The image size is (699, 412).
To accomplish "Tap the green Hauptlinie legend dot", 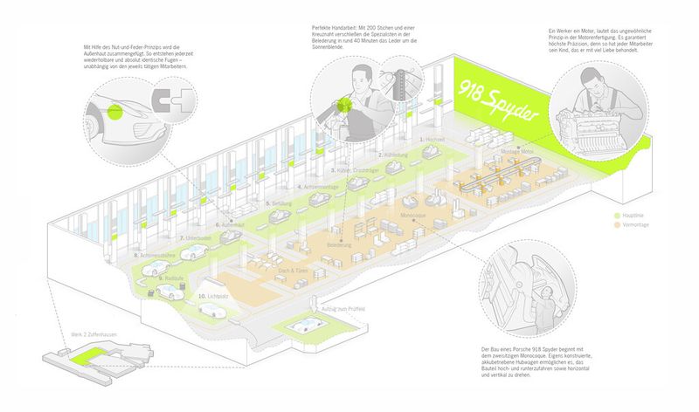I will point(618,215).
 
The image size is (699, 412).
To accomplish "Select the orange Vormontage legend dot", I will point(618,225).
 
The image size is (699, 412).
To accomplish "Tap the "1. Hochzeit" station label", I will point(433,141).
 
